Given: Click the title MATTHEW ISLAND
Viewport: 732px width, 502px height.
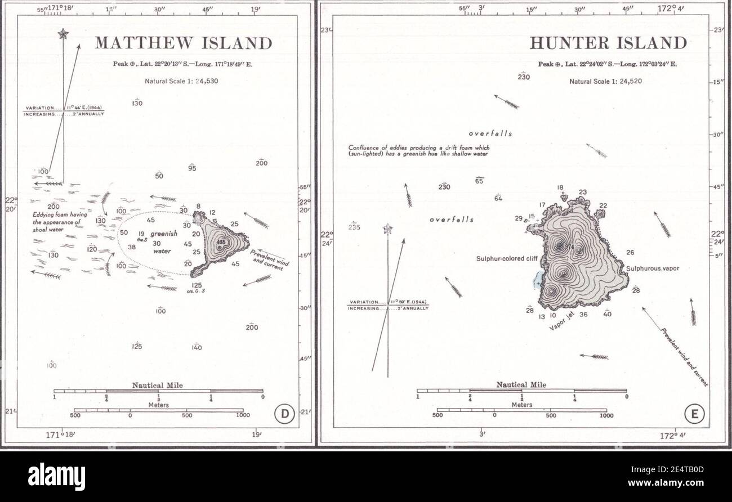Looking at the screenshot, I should [x=183, y=43].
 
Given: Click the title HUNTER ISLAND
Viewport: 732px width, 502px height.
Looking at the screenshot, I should [x=608, y=43].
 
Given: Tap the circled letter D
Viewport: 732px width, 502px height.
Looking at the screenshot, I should [x=284, y=415].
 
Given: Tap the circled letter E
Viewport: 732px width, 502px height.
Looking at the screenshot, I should [x=694, y=415].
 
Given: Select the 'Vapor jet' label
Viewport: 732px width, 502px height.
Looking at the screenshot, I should [x=561, y=321].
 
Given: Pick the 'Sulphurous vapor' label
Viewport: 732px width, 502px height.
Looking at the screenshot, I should [x=653, y=268].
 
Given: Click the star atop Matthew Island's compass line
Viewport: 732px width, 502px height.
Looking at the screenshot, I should [x=63, y=34].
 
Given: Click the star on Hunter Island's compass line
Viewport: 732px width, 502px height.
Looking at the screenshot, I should [x=387, y=229].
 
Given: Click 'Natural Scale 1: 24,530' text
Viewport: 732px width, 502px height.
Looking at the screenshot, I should [x=181, y=81].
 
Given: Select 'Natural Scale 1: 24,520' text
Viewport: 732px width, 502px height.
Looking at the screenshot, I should [x=606, y=81].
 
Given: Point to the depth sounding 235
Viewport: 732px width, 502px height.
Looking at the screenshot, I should [x=354, y=227].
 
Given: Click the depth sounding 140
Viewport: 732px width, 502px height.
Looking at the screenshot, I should [x=196, y=348].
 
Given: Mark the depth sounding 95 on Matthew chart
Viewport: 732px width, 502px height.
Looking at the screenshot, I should [x=192, y=168].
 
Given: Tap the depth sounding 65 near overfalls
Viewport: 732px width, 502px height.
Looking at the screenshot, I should [x=480, y=181].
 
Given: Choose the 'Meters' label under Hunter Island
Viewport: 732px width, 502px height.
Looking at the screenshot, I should [x=521, y=404].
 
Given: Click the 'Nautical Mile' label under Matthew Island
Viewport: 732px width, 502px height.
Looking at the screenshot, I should [x=157, y=386].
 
